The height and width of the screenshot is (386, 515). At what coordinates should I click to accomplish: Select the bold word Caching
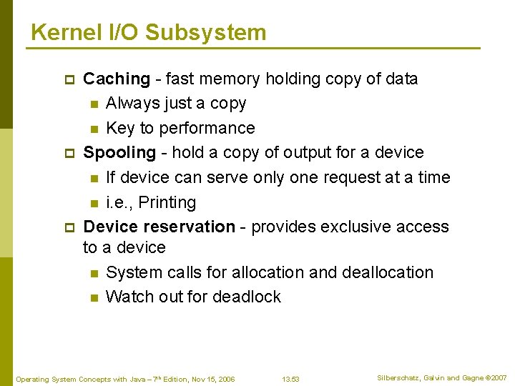117,79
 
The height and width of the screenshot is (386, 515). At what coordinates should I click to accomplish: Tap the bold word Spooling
119,152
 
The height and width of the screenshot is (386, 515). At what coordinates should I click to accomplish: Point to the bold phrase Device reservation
159,227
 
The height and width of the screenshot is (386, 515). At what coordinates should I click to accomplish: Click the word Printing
167,202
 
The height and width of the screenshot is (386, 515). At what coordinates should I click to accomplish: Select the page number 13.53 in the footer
290,379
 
